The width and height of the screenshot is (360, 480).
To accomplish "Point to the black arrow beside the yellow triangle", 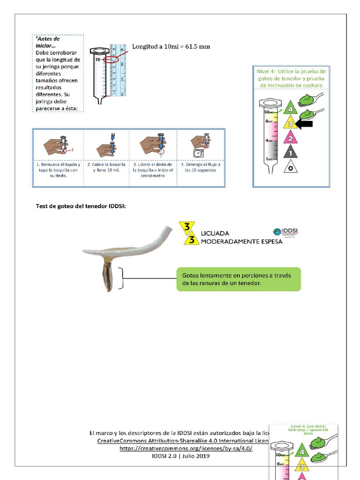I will click(x=304, y=124).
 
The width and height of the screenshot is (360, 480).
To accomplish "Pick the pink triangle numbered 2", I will click(x=290, y=137).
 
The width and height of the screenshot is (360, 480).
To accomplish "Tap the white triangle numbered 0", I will click(x=290, y=167).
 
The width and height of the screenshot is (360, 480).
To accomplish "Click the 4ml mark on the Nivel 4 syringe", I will click(x=268, y=141).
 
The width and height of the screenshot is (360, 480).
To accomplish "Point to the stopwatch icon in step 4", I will click(x=198, y=153).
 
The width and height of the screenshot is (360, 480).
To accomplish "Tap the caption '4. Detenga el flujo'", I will click(x=201, y=167).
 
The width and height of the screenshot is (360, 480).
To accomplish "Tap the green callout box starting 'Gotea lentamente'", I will click(x=238, y=279).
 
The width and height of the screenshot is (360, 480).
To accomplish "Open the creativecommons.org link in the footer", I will click(x=186, y=449).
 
